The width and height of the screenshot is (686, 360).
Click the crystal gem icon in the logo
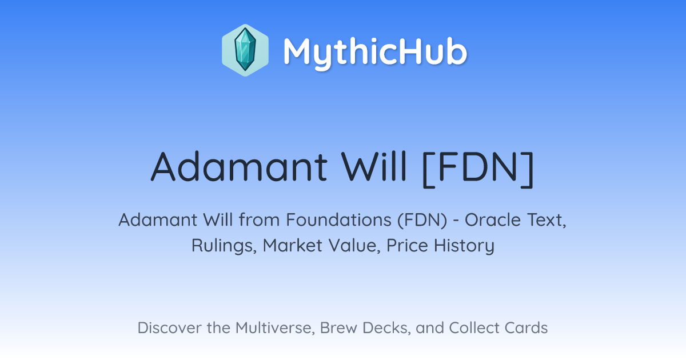click(x=245, y=50)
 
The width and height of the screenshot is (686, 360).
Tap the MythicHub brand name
click(x=375, y=53)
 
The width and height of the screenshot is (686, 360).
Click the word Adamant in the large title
click(x=239, y=167)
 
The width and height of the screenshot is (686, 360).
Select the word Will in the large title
click(x=374, y=167)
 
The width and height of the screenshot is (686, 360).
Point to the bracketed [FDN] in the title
click(x=478, y=169)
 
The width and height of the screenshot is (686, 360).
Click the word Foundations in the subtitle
click(x=338, y=220)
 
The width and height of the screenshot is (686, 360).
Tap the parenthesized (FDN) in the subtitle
click(x=422, y=221)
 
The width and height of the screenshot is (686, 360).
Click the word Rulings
click(x=224, y=246)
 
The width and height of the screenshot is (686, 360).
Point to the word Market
click(x=293, y=245)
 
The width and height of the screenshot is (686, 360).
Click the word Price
click(x=407, y=245)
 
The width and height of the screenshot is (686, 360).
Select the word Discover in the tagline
click(x=170, y=327)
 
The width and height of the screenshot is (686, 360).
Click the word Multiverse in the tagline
click(x=276, y=328)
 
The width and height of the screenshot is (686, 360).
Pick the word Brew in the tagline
click(x=338, y=327)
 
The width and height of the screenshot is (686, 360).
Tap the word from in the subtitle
click(x=259, y=220)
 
